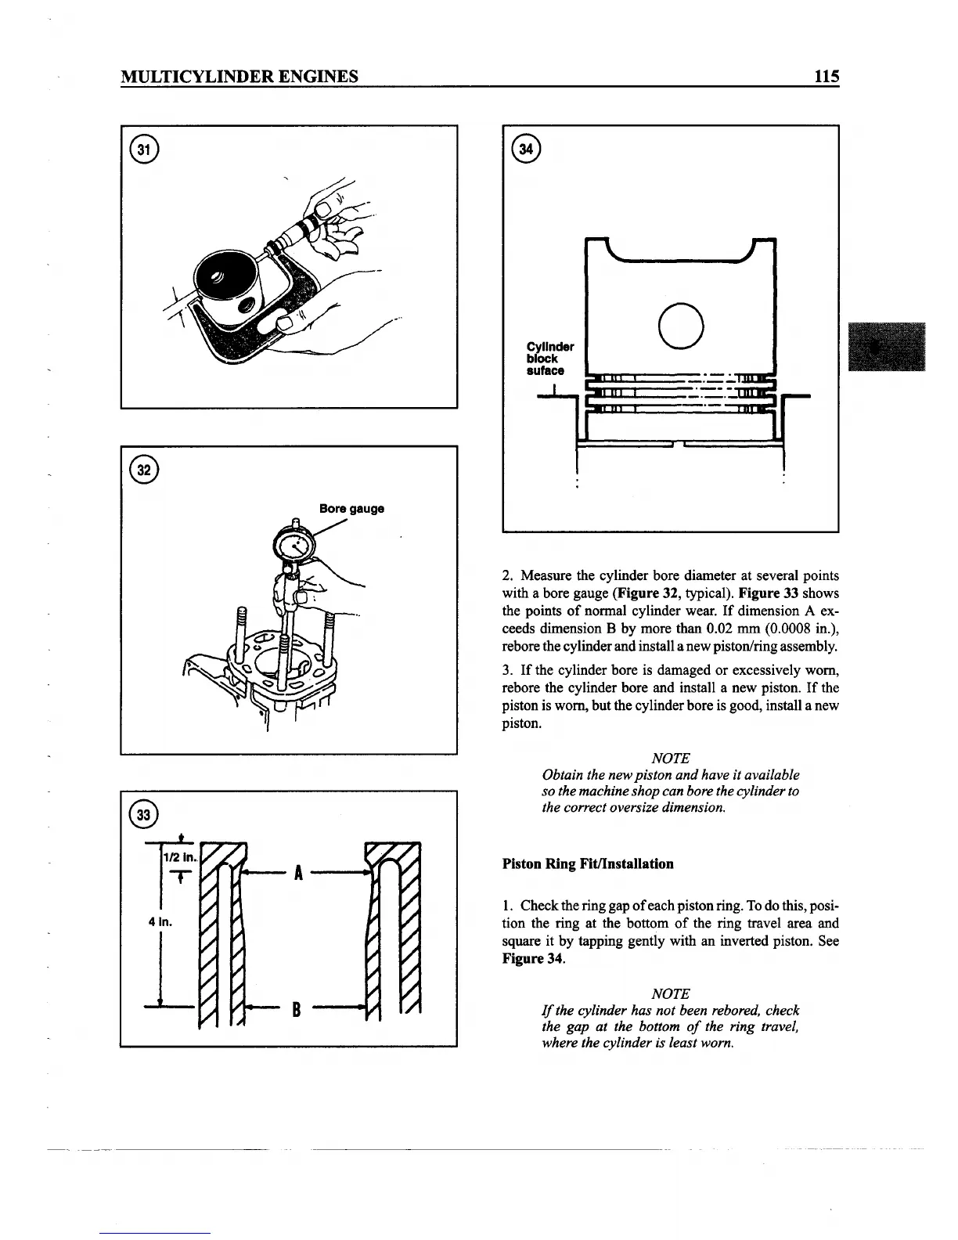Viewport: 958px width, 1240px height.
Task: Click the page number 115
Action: tap(826, 76)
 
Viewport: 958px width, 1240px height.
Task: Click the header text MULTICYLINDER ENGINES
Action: tap(239, 76)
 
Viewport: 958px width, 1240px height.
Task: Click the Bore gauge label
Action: tap(351, 509)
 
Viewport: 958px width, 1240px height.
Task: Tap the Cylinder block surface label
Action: tap(549, 359)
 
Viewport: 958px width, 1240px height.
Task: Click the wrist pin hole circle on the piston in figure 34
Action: tap(680, 325)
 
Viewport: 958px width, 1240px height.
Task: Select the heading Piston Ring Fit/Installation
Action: tap(587, 864)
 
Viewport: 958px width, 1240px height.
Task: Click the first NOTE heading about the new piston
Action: tap(670, 758)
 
